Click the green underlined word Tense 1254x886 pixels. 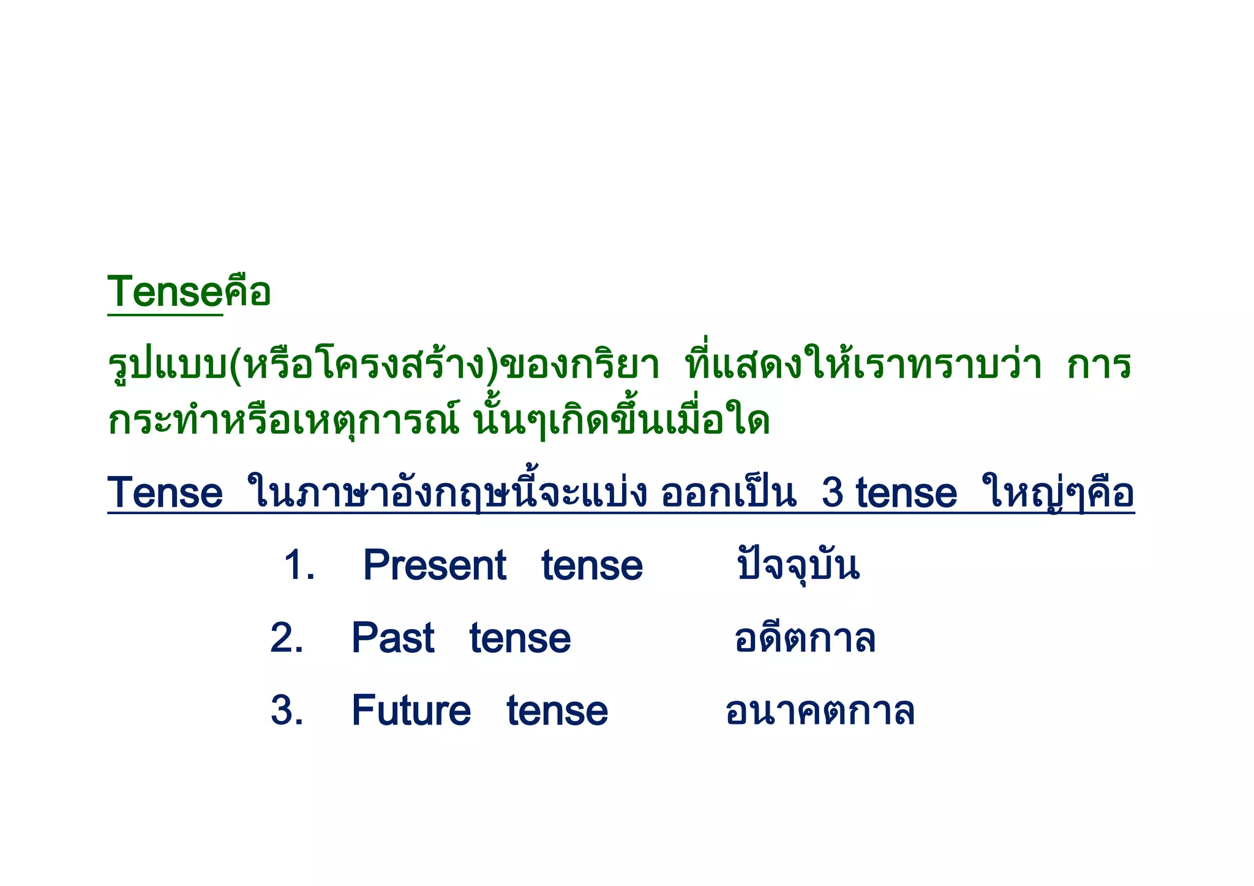click(x=164, y=292)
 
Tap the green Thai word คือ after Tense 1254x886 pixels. click(x=247, y=292)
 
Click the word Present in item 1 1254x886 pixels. click(x=434, y=565)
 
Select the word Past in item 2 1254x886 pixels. click(x=392, y=638)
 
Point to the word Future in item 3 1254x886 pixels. click(x=411, y=711)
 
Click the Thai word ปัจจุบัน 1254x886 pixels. click(x=798, y=565)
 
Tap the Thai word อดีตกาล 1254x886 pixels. click(x=805, y=638)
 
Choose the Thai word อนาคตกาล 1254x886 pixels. click(x=820, y=711)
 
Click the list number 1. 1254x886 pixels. click(x=299, y=565)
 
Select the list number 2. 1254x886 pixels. click(x=287, y=638)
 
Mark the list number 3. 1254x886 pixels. click(x=287, y=711)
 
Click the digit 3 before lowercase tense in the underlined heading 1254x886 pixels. click(x=833, y=493)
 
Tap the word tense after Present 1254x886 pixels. click(x=592, y=566)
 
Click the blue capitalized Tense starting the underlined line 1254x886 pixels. click(x=165, y=493)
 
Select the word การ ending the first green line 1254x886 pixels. click(x=1098, y=366)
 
